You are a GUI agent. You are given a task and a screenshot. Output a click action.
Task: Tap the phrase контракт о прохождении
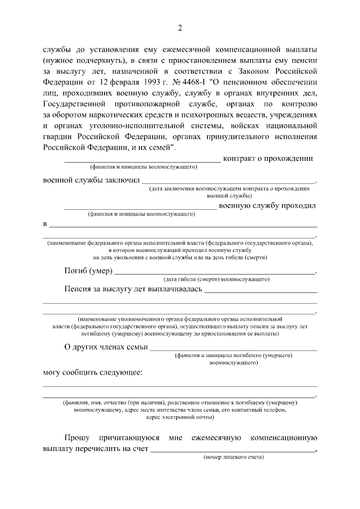(x=268, y=159)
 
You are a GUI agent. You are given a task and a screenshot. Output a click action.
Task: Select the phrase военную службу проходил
(x=267, y=205)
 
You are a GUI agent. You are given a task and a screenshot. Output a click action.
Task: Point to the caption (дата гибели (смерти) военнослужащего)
(x=217, y=279)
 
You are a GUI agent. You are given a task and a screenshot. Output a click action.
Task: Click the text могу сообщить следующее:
(x=93, y=372)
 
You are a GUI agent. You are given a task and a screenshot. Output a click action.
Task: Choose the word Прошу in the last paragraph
(x=76, y=437)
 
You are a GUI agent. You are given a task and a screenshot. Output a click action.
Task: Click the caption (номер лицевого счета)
(x=233, y=457)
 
